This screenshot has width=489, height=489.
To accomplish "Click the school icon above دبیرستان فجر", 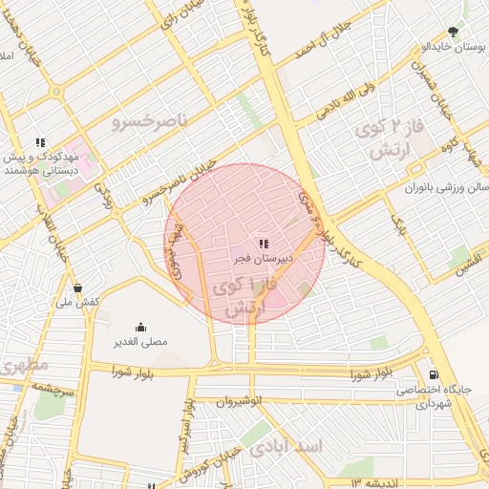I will point(264,244).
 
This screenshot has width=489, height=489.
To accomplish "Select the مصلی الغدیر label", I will point(141,341).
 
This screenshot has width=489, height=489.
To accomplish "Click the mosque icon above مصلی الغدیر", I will point(141,327).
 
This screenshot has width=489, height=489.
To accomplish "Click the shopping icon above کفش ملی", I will point(77,287).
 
